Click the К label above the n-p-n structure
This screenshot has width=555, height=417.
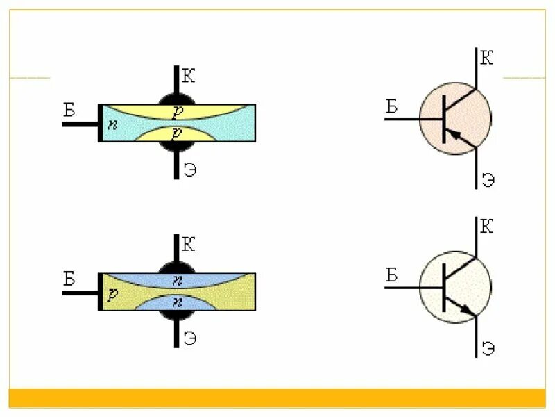pos(188,244)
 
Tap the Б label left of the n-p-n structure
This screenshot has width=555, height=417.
pos(69,279)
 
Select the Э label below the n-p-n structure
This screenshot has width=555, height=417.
pos(189,339)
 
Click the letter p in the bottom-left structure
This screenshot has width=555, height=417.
pos(111,293)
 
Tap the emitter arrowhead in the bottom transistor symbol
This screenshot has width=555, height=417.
pos(467,309)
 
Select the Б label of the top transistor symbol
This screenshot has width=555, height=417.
pos(391,106)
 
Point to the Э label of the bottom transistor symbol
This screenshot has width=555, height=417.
pos(488,347)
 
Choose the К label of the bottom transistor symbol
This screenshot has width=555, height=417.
pos(487,227)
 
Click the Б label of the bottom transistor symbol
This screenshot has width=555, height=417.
pos(391,275)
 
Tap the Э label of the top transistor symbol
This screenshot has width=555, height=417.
pos(488,179)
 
